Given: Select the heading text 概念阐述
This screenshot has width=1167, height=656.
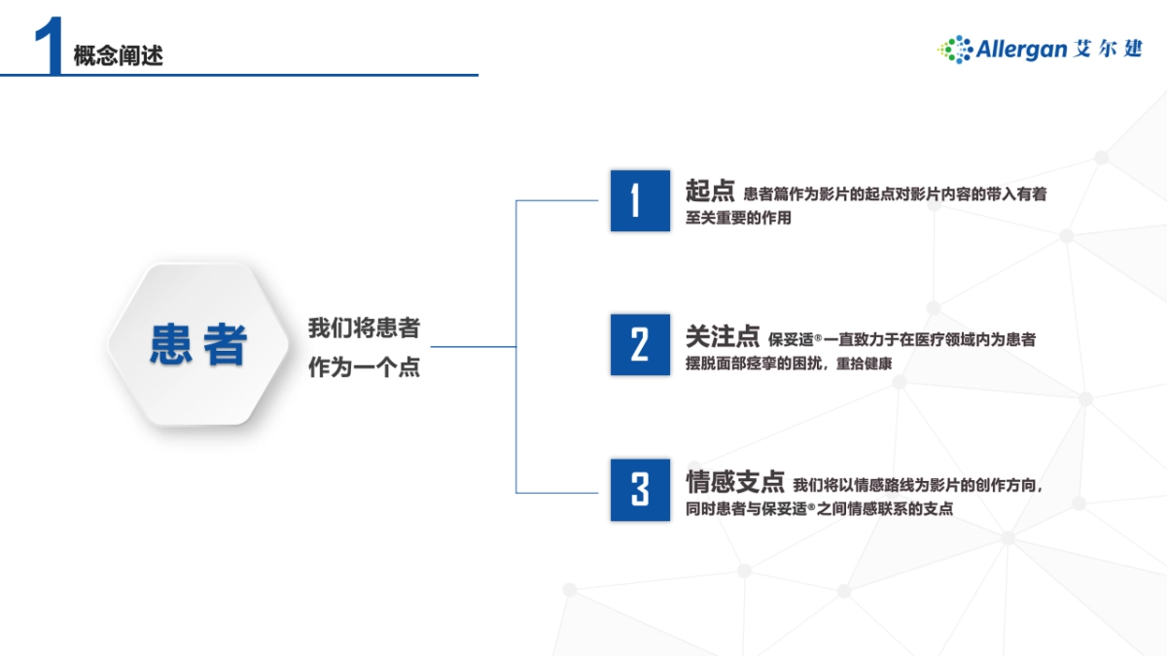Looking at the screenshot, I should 118,56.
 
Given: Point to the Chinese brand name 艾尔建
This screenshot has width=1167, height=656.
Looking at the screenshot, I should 1111,49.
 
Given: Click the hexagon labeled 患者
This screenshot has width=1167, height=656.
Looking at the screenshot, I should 198,344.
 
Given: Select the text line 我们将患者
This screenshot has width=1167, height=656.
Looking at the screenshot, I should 364,328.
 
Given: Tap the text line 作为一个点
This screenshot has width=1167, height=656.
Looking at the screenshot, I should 364,368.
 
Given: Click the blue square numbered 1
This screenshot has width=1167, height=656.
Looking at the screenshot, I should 640,201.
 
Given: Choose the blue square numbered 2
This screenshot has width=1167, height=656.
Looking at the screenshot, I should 640,344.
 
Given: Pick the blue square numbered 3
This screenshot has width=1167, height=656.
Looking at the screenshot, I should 640,489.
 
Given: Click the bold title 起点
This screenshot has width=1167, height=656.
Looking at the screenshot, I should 709,190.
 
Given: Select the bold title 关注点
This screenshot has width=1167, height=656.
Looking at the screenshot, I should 722,336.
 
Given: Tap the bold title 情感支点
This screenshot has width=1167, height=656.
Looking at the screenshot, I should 734,481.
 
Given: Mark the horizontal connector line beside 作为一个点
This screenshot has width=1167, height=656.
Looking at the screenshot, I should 473,346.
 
